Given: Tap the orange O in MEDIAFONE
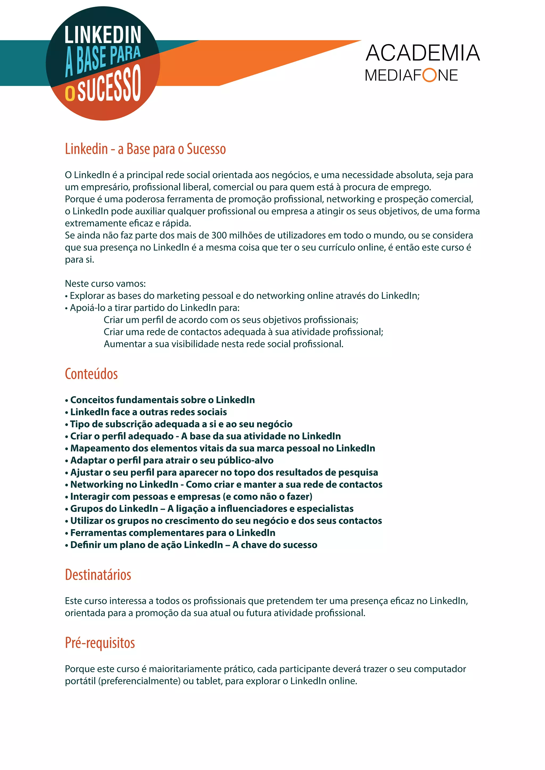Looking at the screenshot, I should (x=429, y=75).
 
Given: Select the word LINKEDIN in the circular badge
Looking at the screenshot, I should (x=103, y=35).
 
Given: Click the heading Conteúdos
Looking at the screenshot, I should (x=91, y=374).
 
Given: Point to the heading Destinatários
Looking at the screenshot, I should (x=98, y=575).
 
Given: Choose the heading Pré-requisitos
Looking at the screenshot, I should (x=100, y=643).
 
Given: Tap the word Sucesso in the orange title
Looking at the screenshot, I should (x=206, y=149).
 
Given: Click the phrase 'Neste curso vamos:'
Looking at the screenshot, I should (x=105, y=284).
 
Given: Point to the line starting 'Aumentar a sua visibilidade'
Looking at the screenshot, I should (x=224, y=344).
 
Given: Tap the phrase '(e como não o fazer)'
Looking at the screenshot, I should (x=267, y=496).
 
